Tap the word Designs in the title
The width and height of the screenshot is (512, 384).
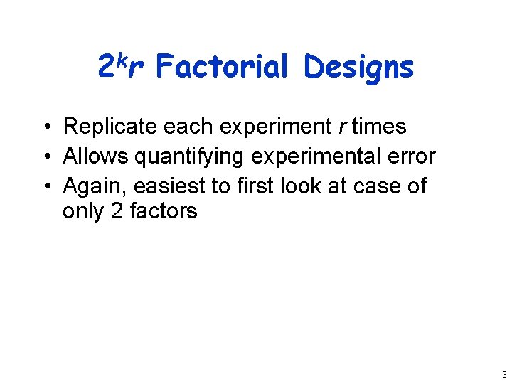click(358, 67)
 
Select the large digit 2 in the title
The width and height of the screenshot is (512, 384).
click(105, 67)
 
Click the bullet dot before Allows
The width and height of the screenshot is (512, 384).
click(46, 157)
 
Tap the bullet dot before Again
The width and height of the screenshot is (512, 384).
click(46, 187)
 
